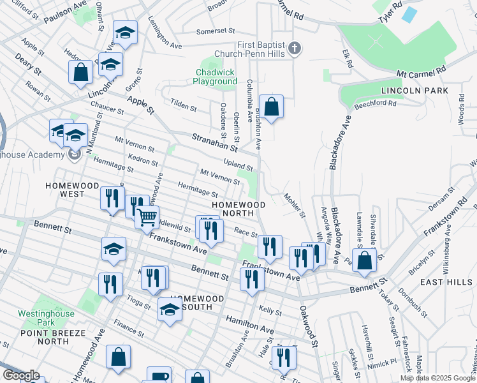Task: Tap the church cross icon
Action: tap(294, 48)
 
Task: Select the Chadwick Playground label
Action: tap(216, 77)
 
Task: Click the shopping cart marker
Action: tap(147, 218)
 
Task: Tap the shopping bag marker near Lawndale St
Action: tap(364, 261)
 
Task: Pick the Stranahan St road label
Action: tap(214, 142)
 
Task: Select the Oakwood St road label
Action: tap(307, 326)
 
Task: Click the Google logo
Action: tap(21, 375)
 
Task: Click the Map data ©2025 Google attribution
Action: tap(437, 378)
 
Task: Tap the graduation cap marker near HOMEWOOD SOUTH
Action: tap(170, 311)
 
